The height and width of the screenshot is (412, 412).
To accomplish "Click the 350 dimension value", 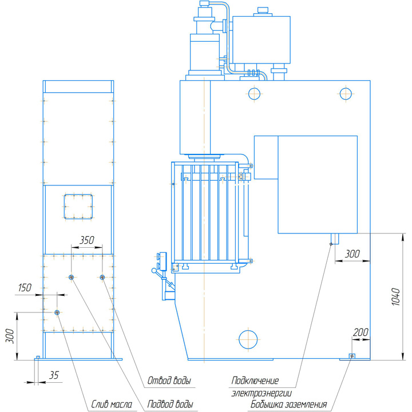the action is (87, 240).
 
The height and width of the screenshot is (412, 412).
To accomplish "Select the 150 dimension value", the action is (25, 288).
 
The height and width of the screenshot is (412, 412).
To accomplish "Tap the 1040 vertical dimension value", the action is (396, 296).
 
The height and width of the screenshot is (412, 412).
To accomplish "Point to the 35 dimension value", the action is (54, 375).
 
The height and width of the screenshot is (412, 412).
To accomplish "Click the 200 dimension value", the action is (360, 332).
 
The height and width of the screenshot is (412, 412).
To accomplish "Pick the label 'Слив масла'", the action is (112, 404).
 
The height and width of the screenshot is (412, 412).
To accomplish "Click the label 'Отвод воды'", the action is (169, 380).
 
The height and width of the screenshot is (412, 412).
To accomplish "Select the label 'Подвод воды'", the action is (171, 404).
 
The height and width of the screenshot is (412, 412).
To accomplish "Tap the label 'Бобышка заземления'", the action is (288, 404).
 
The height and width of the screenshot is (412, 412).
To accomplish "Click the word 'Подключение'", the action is (255, 381).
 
